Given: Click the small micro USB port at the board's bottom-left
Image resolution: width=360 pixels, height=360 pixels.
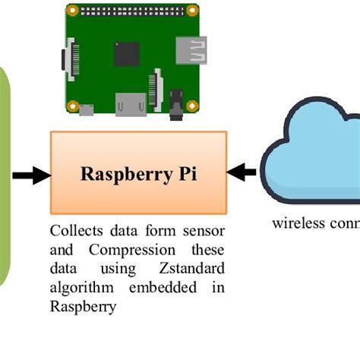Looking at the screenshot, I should pyautogui.click(x=87, y=111).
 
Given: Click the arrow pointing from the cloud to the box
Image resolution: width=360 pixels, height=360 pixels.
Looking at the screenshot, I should pyautogui.click(x=242, y=173).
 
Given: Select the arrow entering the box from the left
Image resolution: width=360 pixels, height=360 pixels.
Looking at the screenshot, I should pyautogui.click(x=29, y=177).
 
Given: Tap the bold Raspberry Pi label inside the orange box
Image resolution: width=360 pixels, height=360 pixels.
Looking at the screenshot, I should pyautogui.click(x=138, y=174).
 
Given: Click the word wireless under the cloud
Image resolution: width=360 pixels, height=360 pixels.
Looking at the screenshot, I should pyautogui.click(x=296, y=223).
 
